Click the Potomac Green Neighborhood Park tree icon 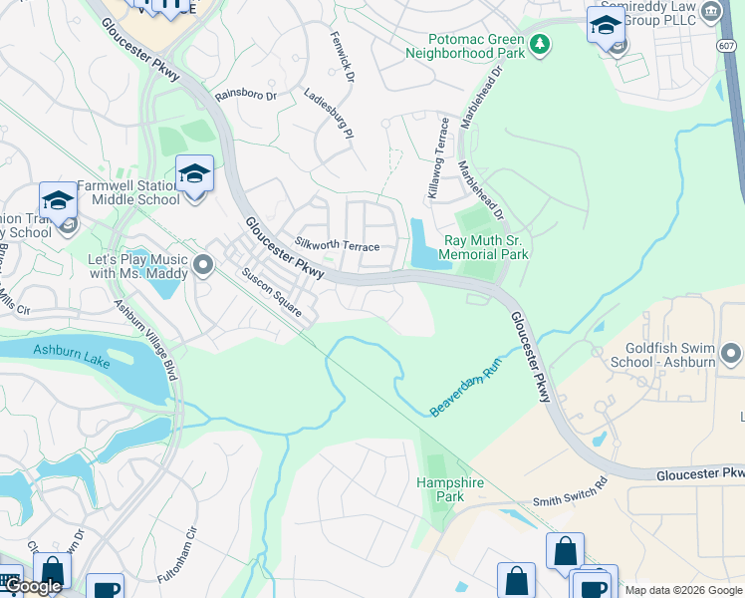click(539, 43)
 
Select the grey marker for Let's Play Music click(204, 264)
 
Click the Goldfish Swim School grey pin click(731, 354)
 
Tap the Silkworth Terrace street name click(338, 244)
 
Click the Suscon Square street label click(271, 289)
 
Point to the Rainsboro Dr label click(245, 95)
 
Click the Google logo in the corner click(33, 586)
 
